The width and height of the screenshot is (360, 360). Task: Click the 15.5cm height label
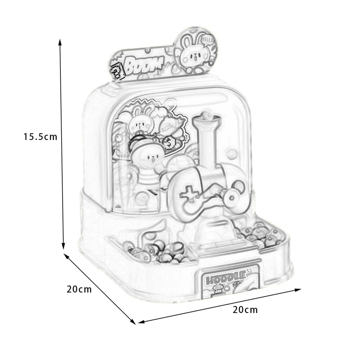click(x=40, y=137)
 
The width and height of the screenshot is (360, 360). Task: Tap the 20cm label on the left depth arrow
click(x=79, y=289)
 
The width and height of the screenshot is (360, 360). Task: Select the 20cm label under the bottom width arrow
click(x=245, y=310)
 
